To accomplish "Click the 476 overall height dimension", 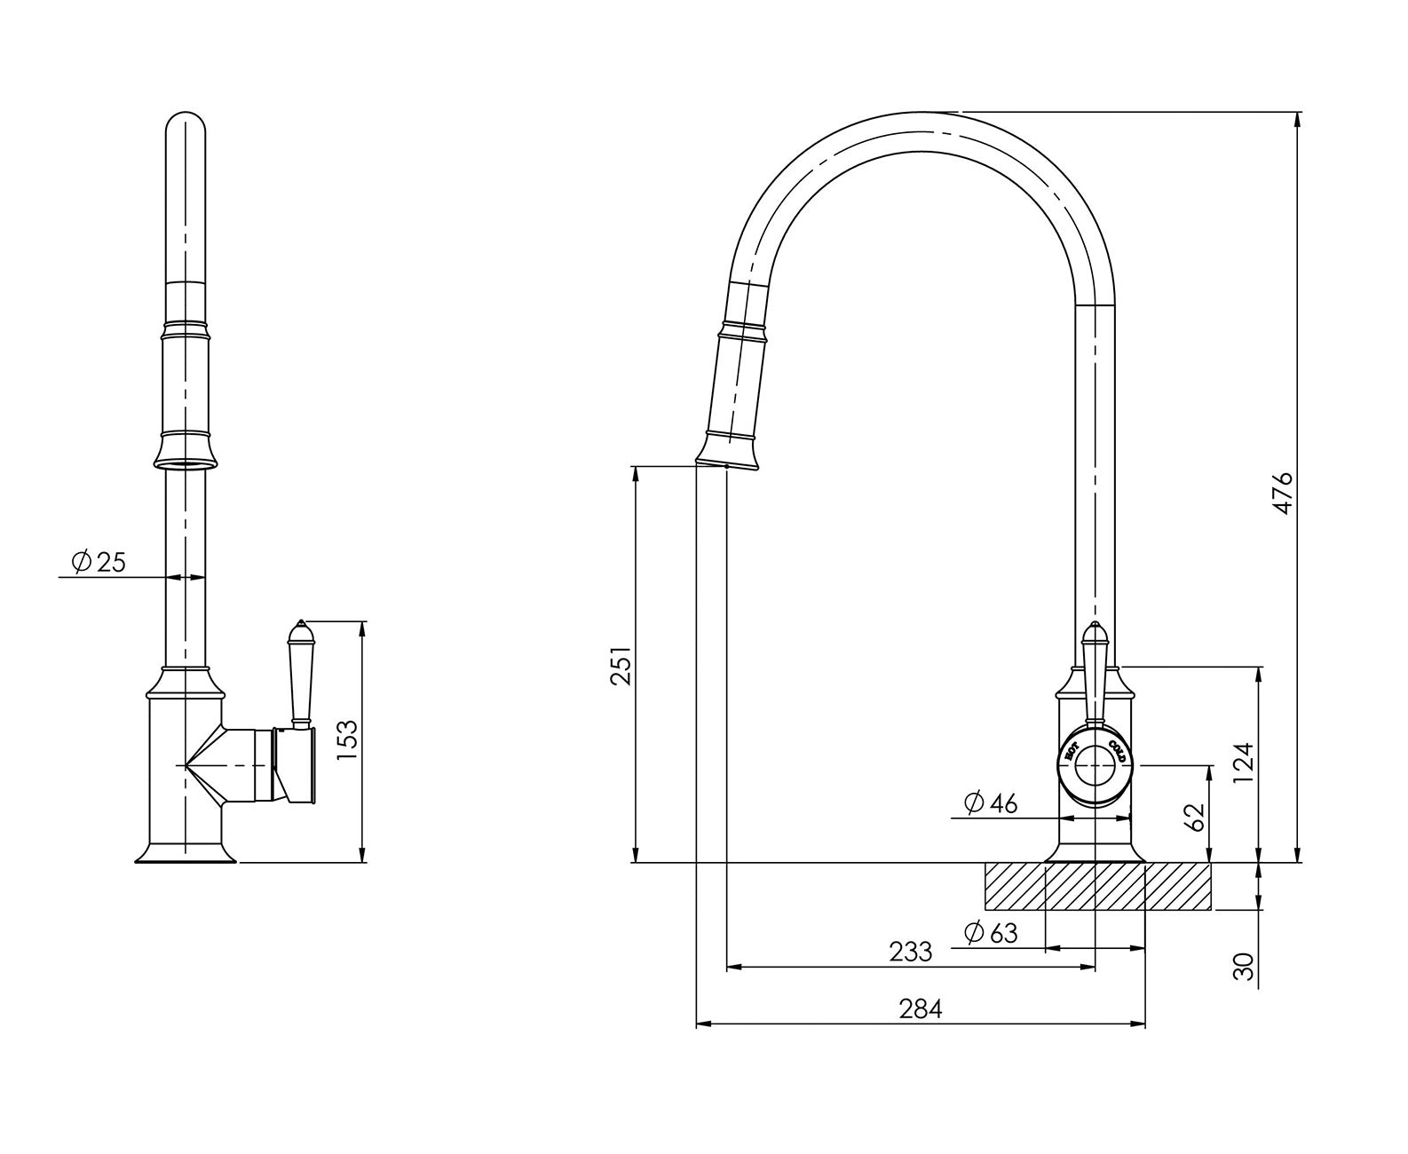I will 1281,493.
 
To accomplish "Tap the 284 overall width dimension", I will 920,1009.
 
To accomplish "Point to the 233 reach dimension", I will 911,952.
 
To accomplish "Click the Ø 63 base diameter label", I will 990,933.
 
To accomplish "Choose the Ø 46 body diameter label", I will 990,803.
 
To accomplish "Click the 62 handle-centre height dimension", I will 1195,817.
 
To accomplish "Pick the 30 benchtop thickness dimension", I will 1245,965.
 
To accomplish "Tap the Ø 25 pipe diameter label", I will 99,562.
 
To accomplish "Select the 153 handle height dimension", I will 348,740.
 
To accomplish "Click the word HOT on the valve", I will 1072,751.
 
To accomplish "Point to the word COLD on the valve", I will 1118,751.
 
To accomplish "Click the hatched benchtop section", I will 1097,887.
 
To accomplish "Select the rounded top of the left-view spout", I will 186,124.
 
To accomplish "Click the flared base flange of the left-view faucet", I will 186,853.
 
